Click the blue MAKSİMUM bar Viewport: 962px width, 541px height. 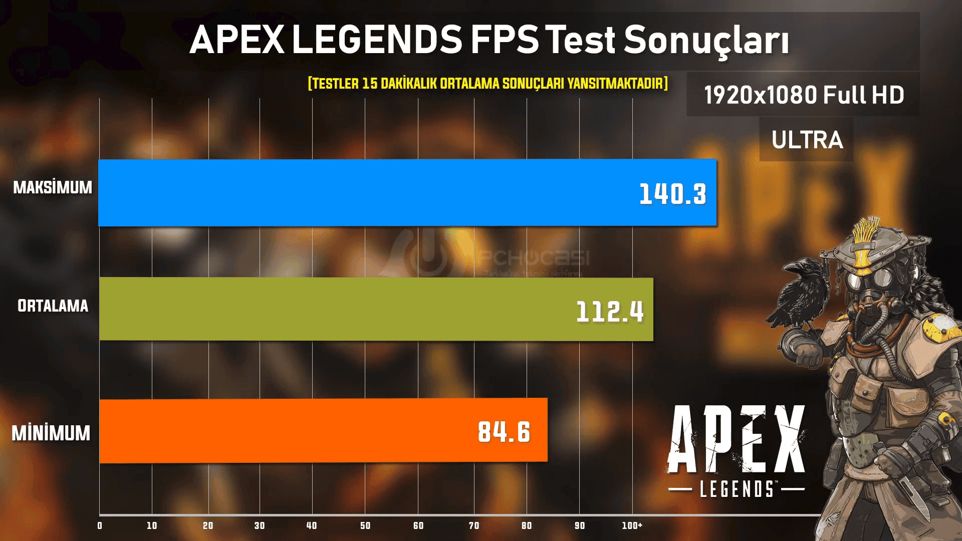click(x=351, y=193)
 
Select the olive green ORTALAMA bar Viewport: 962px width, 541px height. click(x=326, y=309)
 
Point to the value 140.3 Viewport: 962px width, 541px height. click(x=672, y=194)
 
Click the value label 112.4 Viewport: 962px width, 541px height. click(x=610, y=312)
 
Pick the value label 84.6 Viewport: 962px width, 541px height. click(x=504, y=432)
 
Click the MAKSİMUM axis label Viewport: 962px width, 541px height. click(x=53, y=187)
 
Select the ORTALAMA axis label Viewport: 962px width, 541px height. click(x=53, y=306)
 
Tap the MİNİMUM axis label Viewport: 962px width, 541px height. click(x=51, y=433)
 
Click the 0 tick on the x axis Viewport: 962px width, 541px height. click(x=100, y=525)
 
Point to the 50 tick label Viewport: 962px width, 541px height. click(x=365, y=525)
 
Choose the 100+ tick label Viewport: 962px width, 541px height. click(x=632, y=525)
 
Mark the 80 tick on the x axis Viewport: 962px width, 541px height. click(x=527, y=525)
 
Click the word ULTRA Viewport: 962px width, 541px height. click(x=807, y=140)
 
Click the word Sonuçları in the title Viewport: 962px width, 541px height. click(x=706, y=40)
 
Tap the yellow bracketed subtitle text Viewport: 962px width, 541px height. click(x=488, y=83)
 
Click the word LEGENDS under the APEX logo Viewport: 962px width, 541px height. click(x=737, y=489)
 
